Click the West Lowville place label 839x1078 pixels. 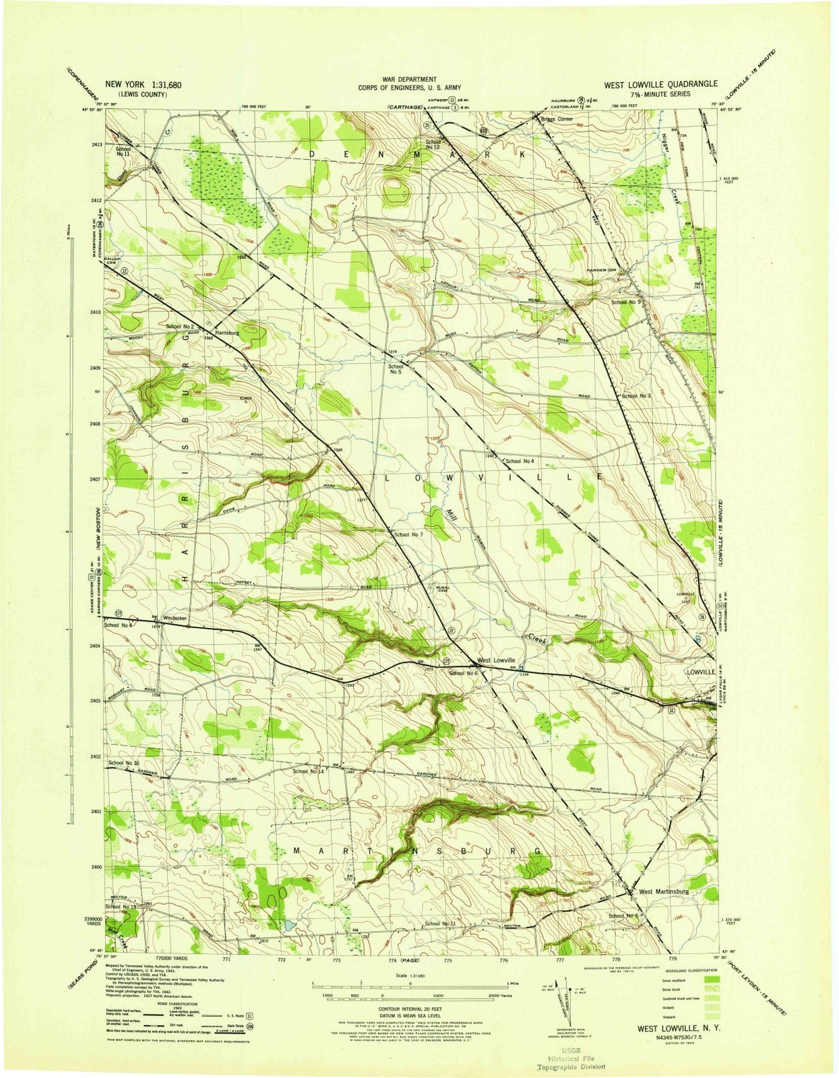496,660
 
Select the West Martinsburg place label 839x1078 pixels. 664,891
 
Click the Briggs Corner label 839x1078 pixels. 557,119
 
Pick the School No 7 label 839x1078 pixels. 408,534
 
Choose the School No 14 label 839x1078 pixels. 309,771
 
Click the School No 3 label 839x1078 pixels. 636,396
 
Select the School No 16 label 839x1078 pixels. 123,763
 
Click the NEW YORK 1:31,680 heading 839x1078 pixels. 143,85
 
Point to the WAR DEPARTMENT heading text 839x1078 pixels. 408,80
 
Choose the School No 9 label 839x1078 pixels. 625,303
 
